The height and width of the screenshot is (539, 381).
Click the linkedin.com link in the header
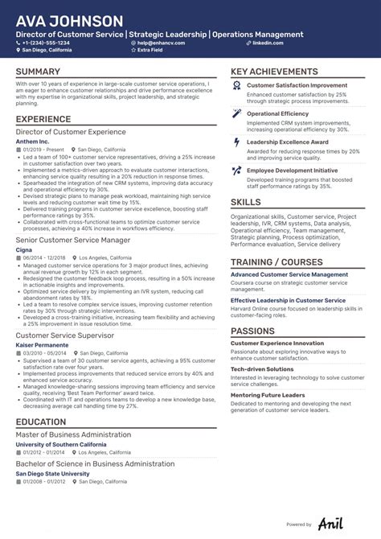coord(267,43)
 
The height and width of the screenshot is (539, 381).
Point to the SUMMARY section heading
coord(38,72)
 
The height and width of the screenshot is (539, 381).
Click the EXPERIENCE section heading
coord(43,119)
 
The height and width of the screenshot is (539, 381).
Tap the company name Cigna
coord(25,249)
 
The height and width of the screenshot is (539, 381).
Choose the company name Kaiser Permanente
coord(42,344)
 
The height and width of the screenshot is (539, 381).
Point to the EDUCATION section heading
coord(41,422)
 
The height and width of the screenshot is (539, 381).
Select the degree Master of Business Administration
coord(73,435)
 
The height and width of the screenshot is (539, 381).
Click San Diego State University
coord(52,474)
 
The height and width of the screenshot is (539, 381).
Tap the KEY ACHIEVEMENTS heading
coord(274,72)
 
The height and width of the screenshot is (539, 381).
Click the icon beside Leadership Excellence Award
coord(236,142)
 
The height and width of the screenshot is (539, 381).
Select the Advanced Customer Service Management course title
coord(289,274)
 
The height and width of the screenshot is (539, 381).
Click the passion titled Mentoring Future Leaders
coord(268,395)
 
